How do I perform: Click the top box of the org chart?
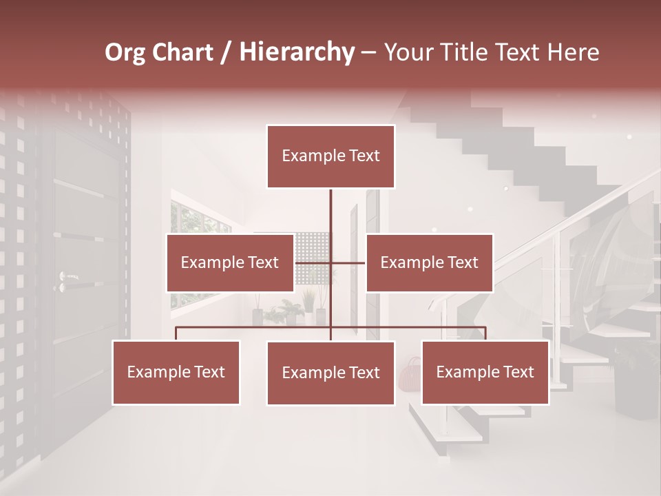tap(330, 156)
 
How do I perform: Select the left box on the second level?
tap(230, 262)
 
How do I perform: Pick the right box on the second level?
tap(429, 262)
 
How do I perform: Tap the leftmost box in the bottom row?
tap(176, 372)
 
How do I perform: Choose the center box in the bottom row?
tap(330, 373)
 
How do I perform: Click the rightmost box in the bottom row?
tap(485, 372)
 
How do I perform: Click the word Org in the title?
tap(125, 52)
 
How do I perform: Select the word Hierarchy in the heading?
tap(296, 52)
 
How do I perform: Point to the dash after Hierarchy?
tap(368, 54)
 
